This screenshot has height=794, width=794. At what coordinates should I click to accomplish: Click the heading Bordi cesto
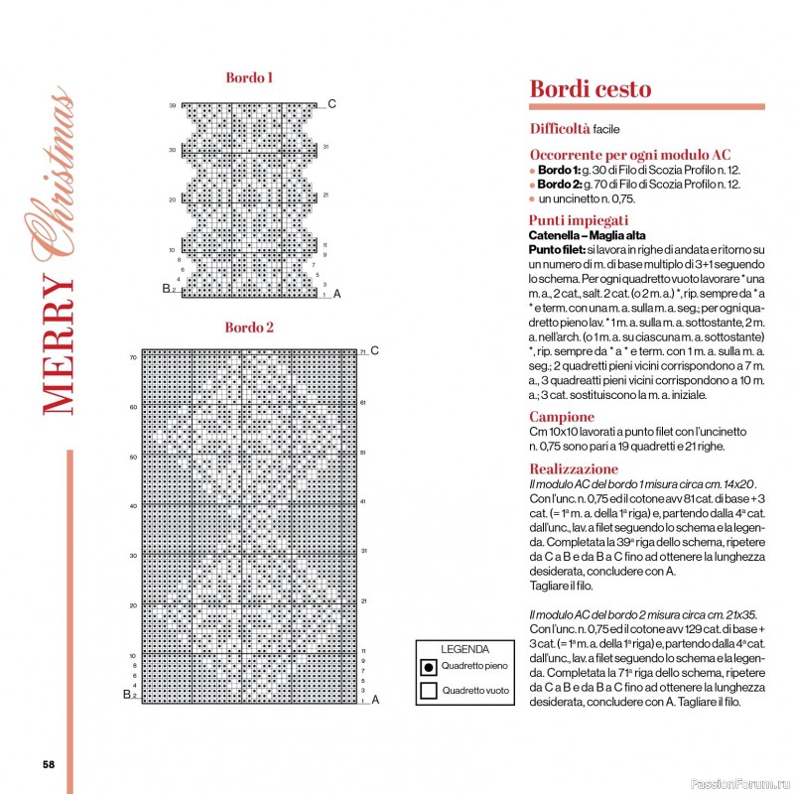(x=591, y=89)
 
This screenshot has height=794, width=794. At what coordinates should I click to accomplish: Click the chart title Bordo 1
(x=249, y=77)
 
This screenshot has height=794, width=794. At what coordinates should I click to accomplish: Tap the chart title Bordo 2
(x=249, y=328)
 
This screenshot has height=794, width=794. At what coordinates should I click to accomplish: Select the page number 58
(x=48, y=764)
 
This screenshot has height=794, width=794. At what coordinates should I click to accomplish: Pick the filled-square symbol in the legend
(x=429, y=667)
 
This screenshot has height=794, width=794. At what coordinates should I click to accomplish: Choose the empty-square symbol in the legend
(x=429, y=691)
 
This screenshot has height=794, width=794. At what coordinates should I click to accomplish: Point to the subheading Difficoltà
(x=560, y=129)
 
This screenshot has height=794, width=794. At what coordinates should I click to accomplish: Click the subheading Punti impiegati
(x=579, y=220)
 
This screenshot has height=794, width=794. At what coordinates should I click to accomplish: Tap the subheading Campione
(x=562, y=418)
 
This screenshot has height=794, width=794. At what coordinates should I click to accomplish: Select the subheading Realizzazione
(x=574, y=468)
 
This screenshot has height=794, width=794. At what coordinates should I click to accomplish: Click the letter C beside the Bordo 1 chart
(x=332, y=104)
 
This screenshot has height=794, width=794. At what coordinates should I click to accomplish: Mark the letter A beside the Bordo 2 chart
(x=375, y=700)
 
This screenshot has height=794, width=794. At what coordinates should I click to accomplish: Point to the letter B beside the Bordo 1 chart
(x=166, y=289)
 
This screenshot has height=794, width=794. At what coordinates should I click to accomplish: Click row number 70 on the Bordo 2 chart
(x=132, y=357)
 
